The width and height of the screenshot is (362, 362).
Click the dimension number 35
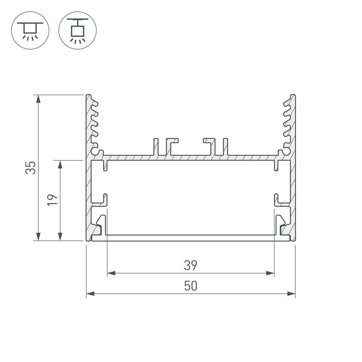31,167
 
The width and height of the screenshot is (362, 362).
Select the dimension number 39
190,264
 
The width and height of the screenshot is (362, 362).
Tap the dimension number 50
190,286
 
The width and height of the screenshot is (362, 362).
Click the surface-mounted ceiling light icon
29,30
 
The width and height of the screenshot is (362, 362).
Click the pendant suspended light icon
77,30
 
